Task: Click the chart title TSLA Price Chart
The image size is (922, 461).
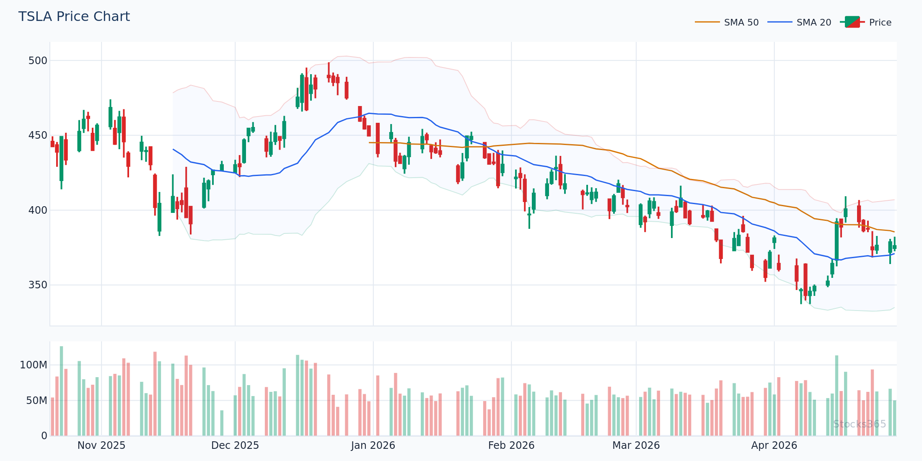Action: click(74, 17)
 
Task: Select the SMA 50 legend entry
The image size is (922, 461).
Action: click(741, 23)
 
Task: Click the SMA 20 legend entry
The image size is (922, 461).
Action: click(813, 23)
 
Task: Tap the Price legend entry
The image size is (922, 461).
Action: click(880, 23)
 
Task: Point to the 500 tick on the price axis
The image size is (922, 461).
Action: click(38, 61)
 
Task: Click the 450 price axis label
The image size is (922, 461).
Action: click(38, 135)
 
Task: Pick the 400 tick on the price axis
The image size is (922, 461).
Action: click(38, 210)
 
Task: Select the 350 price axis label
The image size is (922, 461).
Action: click(38, 285)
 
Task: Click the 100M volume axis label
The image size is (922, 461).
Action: click(34, 365)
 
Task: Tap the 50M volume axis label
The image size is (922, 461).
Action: click(36, 401)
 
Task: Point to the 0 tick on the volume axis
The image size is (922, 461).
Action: click(44, 436)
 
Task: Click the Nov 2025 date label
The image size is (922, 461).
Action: click(101, 445)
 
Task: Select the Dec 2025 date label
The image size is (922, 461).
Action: click(235, 445)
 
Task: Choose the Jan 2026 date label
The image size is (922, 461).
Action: click(373, 445)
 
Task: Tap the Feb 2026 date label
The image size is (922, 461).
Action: click(511, 445)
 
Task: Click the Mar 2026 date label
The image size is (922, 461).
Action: click(636, 445)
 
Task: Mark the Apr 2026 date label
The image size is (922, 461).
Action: click(774, 445)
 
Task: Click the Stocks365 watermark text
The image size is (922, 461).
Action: click(860, 424)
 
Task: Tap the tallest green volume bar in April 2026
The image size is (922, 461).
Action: click(837, 396)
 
